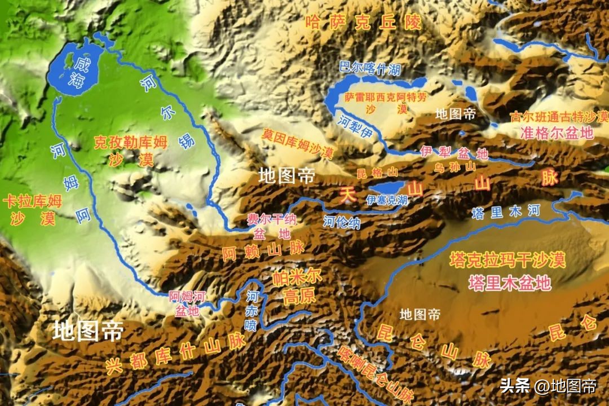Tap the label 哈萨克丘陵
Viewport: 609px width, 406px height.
[x=363, y=23]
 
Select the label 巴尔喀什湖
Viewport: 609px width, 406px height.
[x=370, y=69]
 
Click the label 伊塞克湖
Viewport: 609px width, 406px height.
[x=387, y=200]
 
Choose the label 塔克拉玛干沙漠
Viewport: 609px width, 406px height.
[x=507, y=260]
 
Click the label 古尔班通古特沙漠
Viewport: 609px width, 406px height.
[x=559, y=117]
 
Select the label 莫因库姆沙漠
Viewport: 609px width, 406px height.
[x=298, y=143]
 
